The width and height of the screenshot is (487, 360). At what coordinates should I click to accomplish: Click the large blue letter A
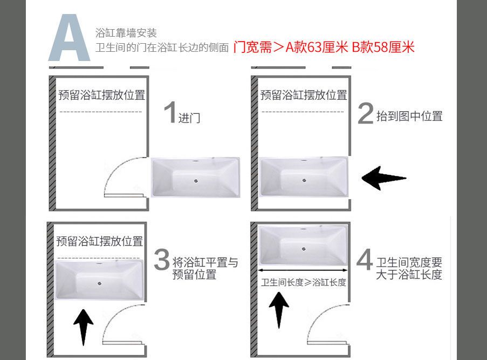click(x=69, y=38)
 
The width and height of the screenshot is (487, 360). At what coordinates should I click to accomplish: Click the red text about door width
click(x=324, y=47)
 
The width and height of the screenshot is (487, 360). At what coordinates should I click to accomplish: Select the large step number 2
click(x=366, y=113)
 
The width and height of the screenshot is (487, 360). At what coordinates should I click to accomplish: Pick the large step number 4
click(x=365, y=259)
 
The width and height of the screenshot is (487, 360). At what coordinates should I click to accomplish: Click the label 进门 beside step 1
click(x=189, y=118)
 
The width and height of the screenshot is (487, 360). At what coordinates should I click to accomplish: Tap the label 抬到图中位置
click(x=409, y=116)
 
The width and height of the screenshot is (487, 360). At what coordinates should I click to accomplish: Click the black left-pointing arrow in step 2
click(x=384, y=178)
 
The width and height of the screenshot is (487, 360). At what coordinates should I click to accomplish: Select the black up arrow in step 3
click(x=83, y=327)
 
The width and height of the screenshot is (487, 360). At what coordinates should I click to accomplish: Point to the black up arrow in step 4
click(x=279, y=310)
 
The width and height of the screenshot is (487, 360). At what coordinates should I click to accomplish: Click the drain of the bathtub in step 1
click(x=196, y=181)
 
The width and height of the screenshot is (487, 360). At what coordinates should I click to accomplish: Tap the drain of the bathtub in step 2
click(x=304, y=180)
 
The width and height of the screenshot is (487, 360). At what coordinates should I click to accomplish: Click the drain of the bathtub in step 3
click(x=99, y=283)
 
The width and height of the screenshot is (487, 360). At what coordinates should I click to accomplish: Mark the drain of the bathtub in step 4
click(x=304, y=249)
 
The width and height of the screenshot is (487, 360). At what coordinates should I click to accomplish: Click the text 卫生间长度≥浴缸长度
click(x=304, y=282)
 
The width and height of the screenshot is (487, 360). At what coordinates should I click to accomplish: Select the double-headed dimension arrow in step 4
click(x=303, y=270)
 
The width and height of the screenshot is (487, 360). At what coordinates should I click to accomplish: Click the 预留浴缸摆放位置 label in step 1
click(x=101, y=95)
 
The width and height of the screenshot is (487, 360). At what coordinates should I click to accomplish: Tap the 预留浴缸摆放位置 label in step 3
click(x=99, y=241)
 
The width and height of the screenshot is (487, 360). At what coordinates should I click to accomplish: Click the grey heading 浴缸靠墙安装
click(x=126, y=32)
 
